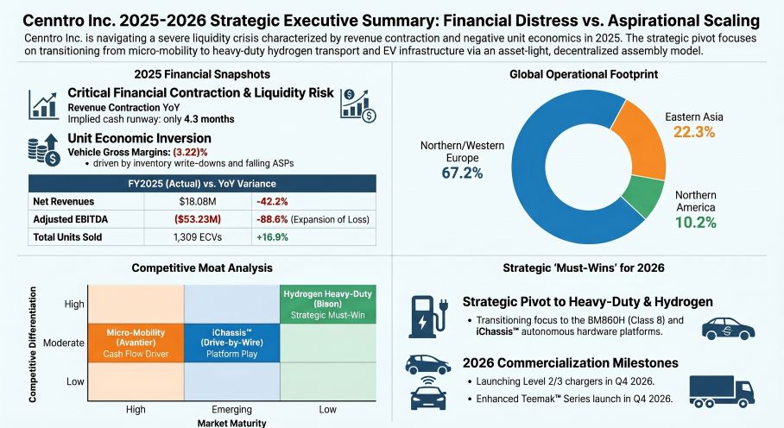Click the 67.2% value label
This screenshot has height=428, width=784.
pos(461,173)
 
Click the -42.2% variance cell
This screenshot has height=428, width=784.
pos(273,201)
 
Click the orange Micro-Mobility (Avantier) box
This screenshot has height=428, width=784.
pos(135,343)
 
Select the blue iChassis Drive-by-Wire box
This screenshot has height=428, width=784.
pos(232,343)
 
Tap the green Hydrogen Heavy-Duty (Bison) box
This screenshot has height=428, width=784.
pos(328,305)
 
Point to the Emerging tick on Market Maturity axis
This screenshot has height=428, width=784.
pos(232,409)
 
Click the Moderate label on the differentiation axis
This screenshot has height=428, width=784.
pos(64,343)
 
